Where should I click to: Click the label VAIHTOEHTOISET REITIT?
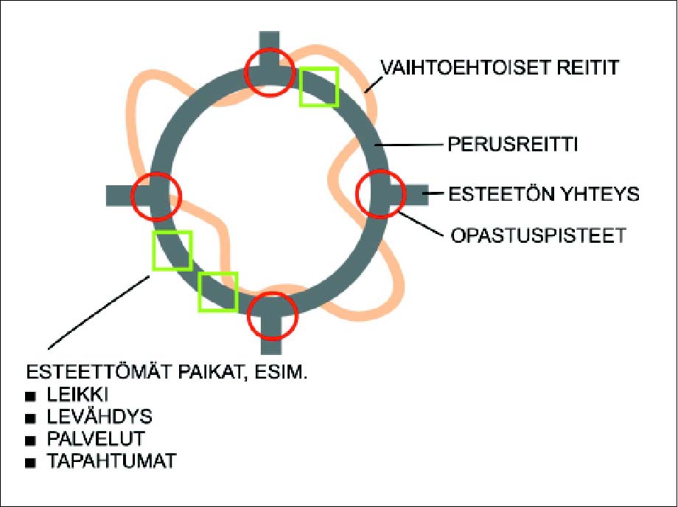pyautogui.click(x=499, y=68)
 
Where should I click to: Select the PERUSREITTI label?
pyautogui.click(x=511, y=144)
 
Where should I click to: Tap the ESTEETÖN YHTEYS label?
pyautogui.click(x=544, y=195)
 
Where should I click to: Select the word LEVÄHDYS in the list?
pyautogui.click(x=99, y=417)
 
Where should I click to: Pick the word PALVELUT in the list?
pyautogui.click(x=94, y=440)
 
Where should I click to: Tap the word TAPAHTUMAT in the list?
pyautogui.click(x=111, y=462)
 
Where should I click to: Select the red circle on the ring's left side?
pyautogui.click(x=155, y=196)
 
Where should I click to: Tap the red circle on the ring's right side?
pyautogui.click(x=380, y=193)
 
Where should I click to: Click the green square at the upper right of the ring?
pyautogui.click(x=318, y=86)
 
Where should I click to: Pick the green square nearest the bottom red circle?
pyautogui.click(x=217, y=291)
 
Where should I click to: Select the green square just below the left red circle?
pyautogui.click(x=172, y=250)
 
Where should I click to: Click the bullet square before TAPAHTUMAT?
pyautogui.click(x=31, y=463)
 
